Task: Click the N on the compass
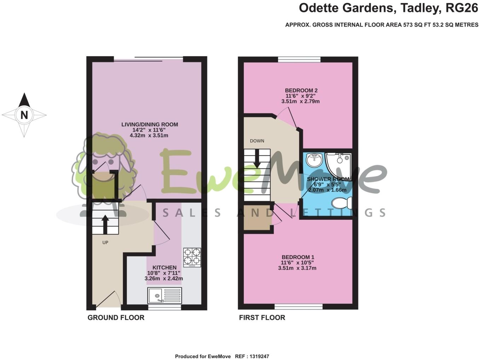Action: click(24, 115)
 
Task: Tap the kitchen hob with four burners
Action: click(192, 257)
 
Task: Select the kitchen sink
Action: click(165, 295)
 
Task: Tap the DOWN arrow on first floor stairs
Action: click(257, 158)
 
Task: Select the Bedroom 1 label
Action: click(298, 257)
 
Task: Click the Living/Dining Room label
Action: click(150, 124)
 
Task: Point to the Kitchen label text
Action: click(164, 267)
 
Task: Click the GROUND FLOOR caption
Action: click(116, 318)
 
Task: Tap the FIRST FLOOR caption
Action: click(262, 318)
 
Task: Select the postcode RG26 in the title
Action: click(462, 8)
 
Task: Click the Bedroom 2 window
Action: click(299, 59)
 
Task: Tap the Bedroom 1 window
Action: click(299, 307)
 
